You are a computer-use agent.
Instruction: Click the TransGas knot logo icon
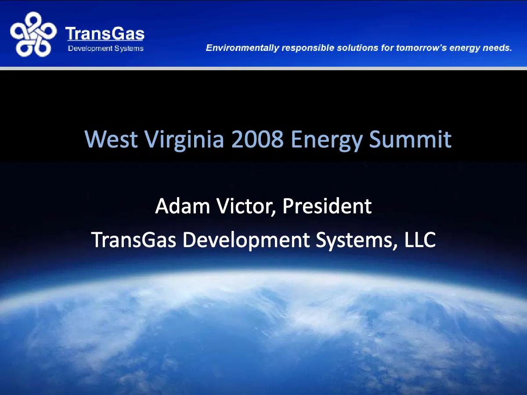pos(33,34)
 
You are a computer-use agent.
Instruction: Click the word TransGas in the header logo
pos(105,33)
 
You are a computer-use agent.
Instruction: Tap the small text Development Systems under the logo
pos(106,48)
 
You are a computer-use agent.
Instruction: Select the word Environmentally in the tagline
pos(242,48)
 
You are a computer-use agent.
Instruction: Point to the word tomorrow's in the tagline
pos(421,48)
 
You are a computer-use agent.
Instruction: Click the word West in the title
pos(111,139)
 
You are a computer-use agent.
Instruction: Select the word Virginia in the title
pos(184,140)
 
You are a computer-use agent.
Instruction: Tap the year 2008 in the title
pos(257,139)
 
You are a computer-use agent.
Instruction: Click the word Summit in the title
pos(410,139)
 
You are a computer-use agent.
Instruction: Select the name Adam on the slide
pos(182,206)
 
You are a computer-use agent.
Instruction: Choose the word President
pos(327,206)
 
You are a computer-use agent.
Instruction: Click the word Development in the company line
pos(246,241)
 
